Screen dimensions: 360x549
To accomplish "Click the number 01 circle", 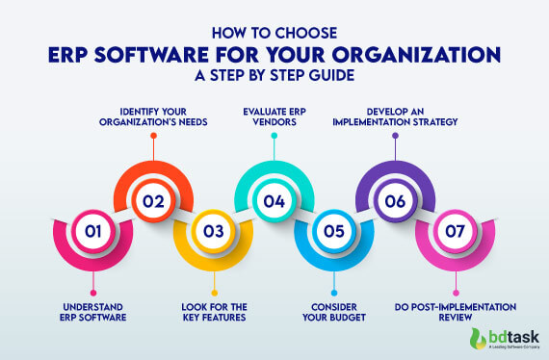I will [x=92, y=231].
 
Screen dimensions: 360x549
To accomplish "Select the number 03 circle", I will [x=213, y=231].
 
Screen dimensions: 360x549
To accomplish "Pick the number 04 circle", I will [x=274, y=202].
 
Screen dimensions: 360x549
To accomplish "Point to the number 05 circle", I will [x=333, y=231].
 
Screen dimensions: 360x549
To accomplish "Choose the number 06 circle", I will [x=394, y=202].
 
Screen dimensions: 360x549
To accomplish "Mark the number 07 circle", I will [x=454, y=231].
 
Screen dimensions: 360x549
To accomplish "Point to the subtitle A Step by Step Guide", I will [x=274, y=75].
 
